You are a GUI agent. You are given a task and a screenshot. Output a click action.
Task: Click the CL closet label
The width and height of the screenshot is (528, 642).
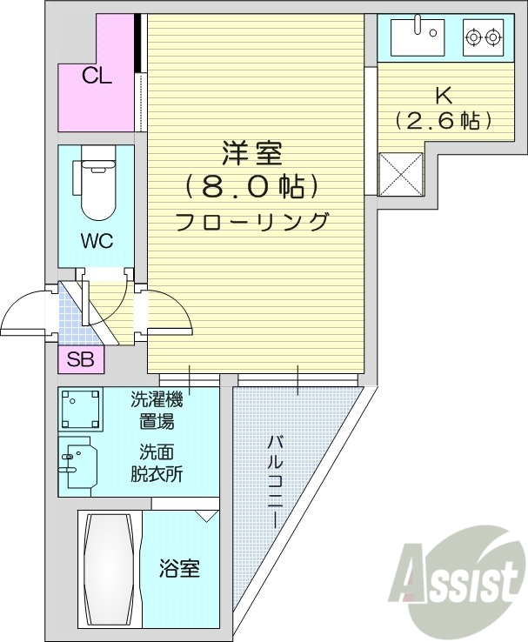coord(97,76)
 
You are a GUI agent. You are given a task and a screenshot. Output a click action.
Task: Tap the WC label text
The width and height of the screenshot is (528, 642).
coord(97,241)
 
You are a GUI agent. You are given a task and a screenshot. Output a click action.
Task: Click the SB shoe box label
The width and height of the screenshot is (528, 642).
coord(81,358)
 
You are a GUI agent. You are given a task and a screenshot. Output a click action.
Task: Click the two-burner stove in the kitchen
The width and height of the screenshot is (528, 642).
coord(483,37)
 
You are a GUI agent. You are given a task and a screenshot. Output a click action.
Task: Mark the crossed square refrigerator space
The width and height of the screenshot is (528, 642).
coord(400,173)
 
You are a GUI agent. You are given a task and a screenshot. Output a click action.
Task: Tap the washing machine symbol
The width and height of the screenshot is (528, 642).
coord(81,409)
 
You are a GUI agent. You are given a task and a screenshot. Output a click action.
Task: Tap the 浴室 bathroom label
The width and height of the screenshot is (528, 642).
coord(179,570)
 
